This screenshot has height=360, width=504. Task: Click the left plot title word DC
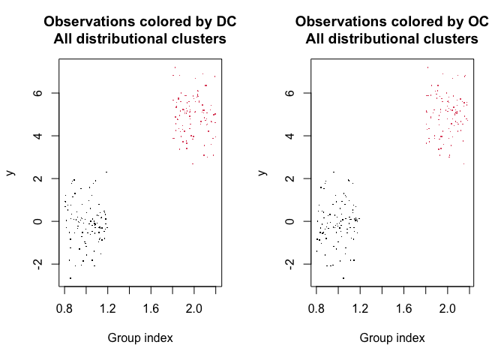tap(226, 22)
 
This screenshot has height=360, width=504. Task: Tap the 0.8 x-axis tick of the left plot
tap(64, 308)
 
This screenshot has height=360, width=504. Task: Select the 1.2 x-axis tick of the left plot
tap(107, 308)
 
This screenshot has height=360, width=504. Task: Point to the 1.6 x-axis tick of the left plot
tap(151, 308)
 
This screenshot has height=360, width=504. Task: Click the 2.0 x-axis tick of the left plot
tap(194, 308)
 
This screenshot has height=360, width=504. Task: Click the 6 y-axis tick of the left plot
tap(35, 93)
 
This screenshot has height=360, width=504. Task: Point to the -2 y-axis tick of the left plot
tap(35, 264)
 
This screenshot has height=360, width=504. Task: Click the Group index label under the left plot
tap(140, 337)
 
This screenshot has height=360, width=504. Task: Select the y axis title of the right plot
tap(262, 172)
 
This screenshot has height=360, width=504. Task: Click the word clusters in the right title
tap(450, 38)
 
